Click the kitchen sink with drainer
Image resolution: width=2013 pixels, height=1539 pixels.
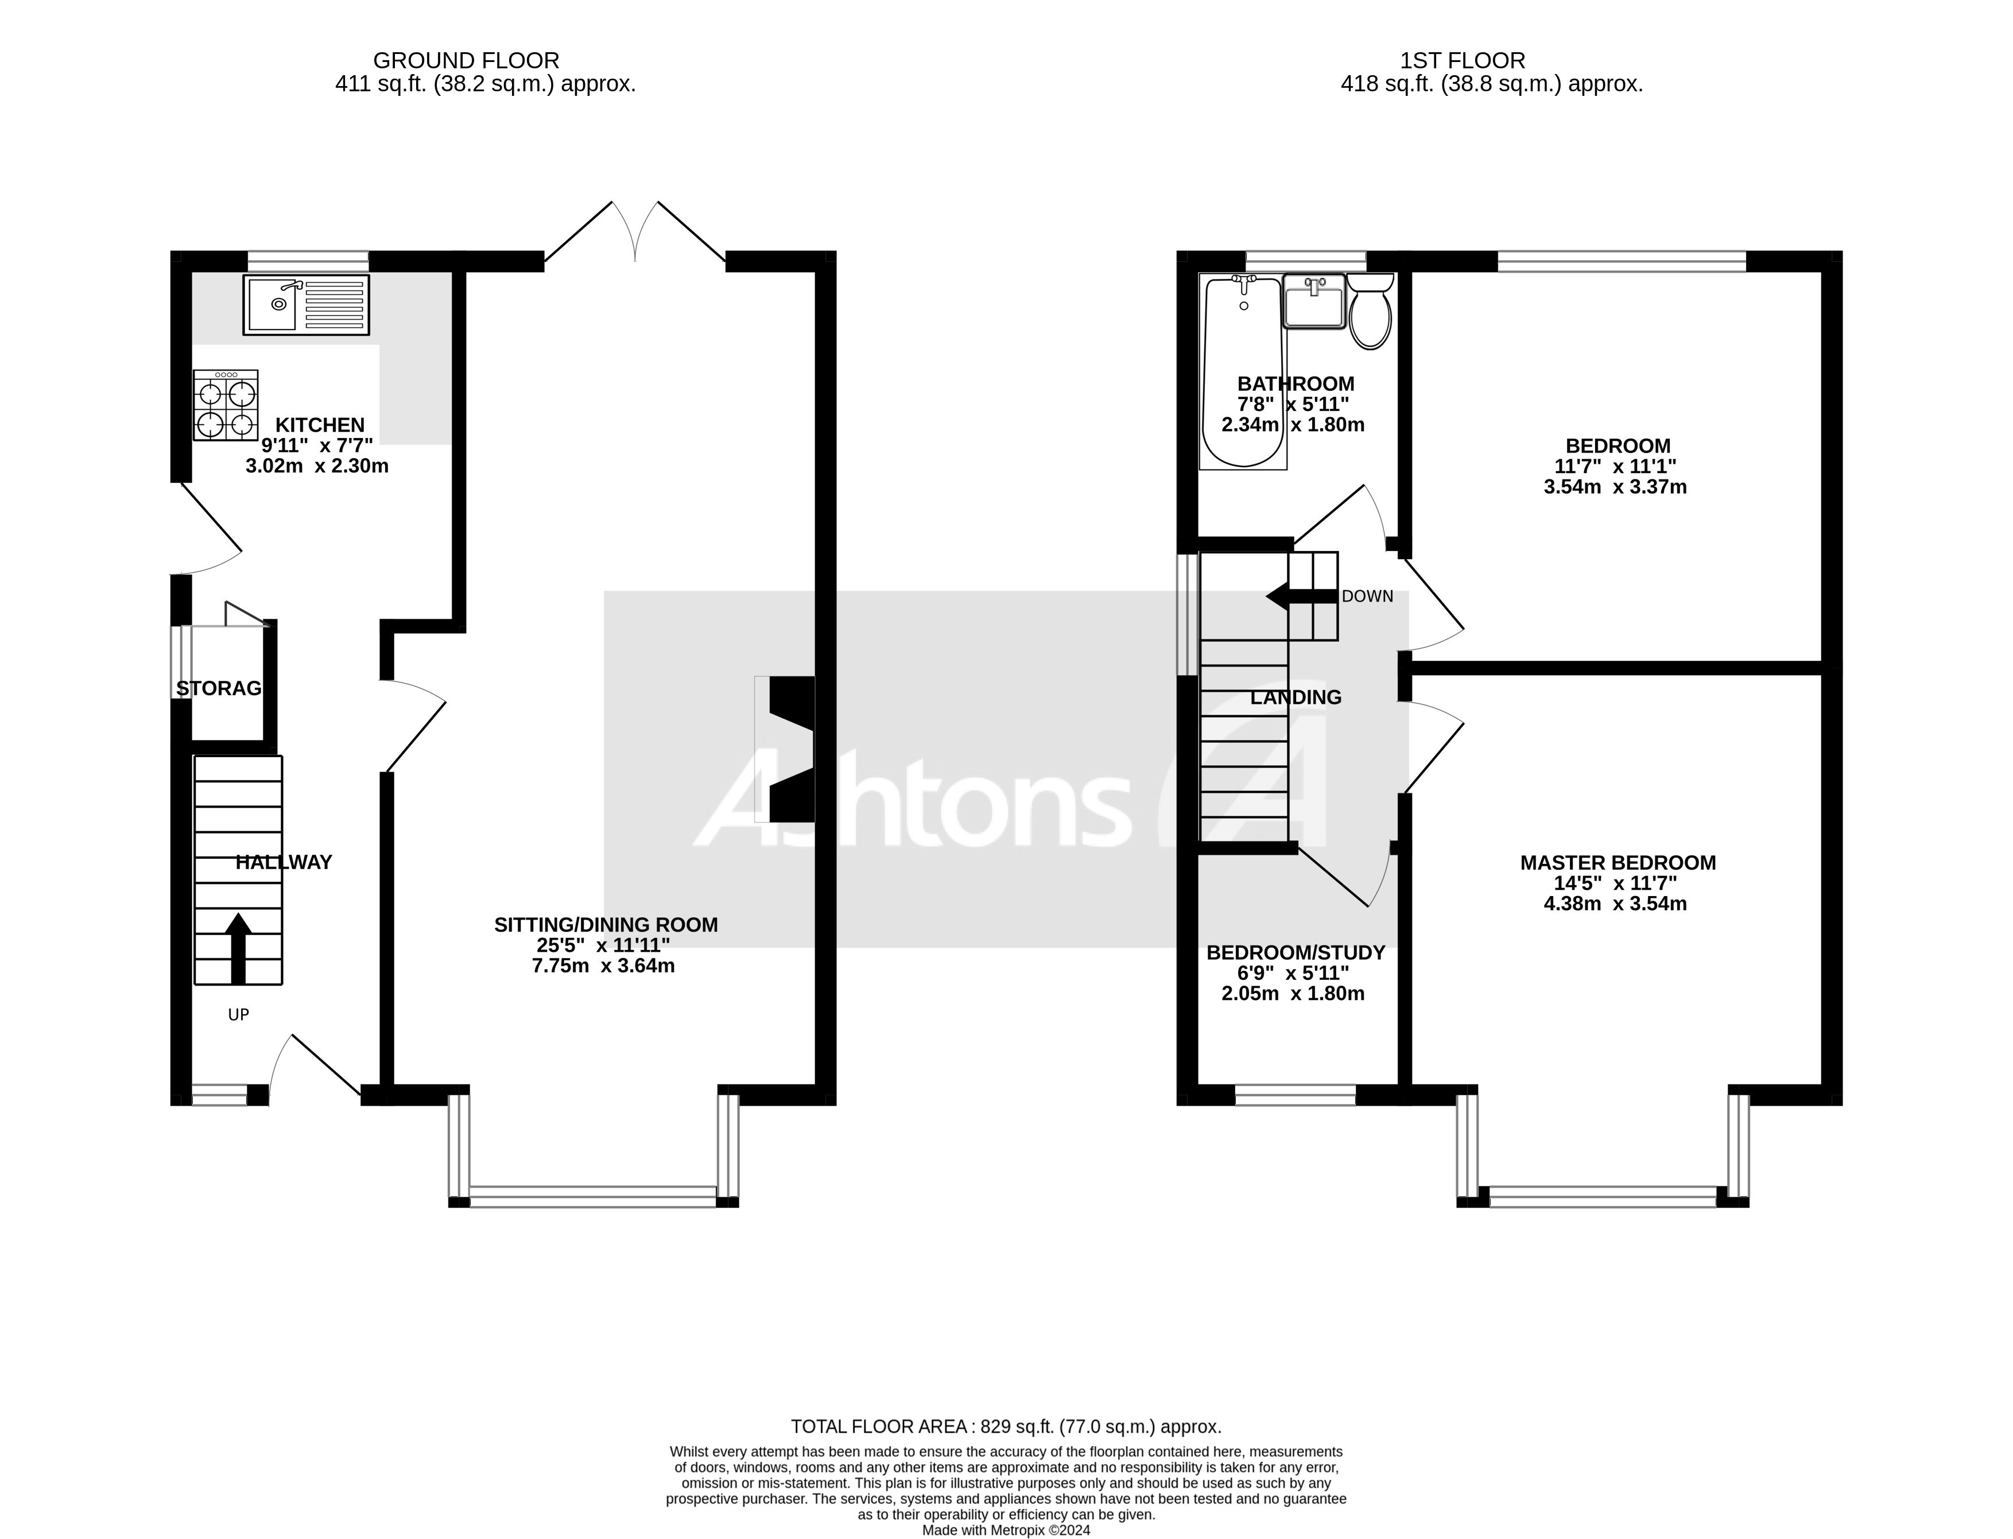[306, 304]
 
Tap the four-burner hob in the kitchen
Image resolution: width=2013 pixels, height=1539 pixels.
[226, 405]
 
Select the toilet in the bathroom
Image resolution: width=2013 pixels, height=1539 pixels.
[1370, 312]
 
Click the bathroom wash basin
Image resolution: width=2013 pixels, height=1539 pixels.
[1313, 300]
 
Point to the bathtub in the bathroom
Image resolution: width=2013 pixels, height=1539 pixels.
[1242, 374]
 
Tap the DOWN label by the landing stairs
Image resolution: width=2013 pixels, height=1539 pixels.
[1367, 596]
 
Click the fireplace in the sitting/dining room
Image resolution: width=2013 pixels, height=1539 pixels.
[786, 749]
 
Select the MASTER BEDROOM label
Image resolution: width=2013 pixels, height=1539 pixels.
[1618, 862]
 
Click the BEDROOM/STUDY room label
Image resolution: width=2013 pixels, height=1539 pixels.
[1295, 953]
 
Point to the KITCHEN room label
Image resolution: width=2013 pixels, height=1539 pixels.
[320, 425]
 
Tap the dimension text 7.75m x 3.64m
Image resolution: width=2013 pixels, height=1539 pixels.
[603, 966]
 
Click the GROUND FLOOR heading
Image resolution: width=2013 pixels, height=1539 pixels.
[466, 60]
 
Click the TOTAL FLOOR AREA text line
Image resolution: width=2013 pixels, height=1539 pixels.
[1006, 1426]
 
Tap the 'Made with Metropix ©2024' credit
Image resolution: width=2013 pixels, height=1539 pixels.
[1006, 1530]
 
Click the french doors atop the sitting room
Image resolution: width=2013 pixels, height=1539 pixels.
[635, 232]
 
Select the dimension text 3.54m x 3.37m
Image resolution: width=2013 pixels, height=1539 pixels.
[1615, 486]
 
